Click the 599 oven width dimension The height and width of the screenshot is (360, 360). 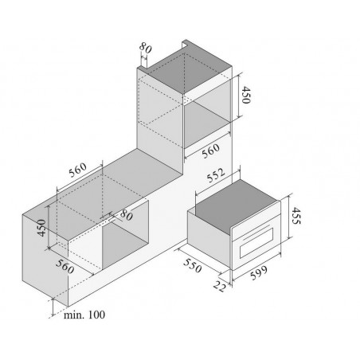pos(259,272)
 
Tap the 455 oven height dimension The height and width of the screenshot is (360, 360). pos(296,216)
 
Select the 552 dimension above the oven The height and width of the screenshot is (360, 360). pos(216,175)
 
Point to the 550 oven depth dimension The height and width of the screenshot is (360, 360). pos(192,265)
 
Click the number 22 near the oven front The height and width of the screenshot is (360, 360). pos(220,287)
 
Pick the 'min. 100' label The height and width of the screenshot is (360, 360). pos(84,315)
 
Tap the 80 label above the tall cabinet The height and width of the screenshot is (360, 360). pos(146,48)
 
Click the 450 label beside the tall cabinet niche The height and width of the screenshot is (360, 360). pos(246,95)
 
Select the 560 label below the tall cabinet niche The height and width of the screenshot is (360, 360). pos(211,151)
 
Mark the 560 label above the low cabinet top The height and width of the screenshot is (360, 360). pos(78,170)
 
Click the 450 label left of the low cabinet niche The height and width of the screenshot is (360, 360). pos(41,228)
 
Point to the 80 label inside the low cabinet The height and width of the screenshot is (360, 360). pos(126,215)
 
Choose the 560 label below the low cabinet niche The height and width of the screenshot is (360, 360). pos(65,267)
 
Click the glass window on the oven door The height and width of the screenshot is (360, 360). pos(256,242)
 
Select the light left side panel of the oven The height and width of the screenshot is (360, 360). pos(209,237)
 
